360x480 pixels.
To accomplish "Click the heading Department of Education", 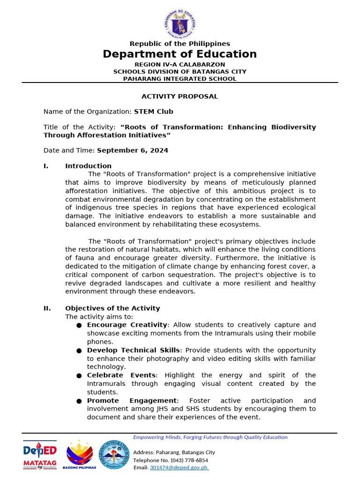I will click(180, 54).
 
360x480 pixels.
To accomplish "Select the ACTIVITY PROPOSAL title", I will click(180, 97).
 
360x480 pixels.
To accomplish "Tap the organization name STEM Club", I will click(153, 112).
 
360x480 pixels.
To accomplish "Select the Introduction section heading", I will click(88, 166).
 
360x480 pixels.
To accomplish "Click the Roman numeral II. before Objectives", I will click(47, 308).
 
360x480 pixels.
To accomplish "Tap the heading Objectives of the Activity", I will click(112, 308).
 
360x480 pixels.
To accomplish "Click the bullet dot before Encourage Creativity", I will click(79, 325).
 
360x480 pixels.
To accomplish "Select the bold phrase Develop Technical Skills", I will click(133, 350).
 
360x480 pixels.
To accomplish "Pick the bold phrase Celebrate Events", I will click(121, 375).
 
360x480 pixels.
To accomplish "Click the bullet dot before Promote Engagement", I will click(79, 401).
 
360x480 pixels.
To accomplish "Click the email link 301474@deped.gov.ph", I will click(179, 467).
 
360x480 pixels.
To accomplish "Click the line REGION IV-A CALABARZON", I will click(180, 64).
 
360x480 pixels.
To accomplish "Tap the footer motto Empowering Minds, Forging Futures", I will click(210, 437).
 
